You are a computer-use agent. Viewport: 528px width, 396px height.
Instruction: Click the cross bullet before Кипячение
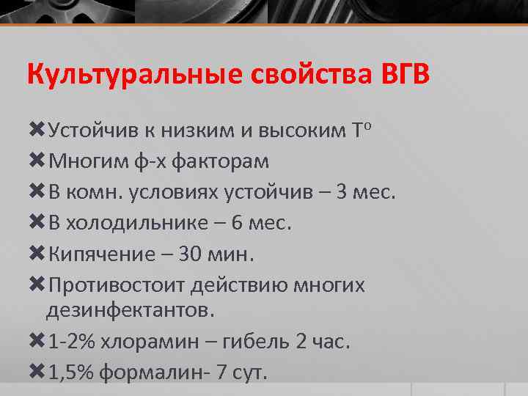point(36,254)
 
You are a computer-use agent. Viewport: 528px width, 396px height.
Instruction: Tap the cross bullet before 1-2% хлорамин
point(36,342)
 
